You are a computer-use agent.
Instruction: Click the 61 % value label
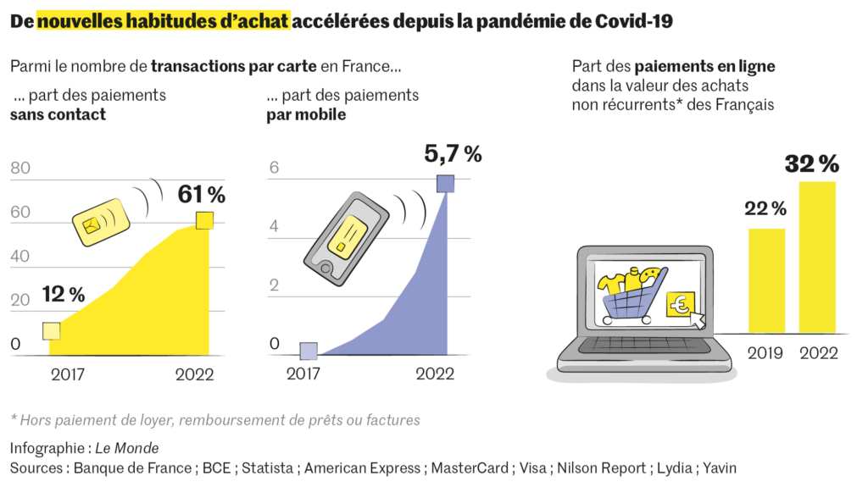tap(201, 195)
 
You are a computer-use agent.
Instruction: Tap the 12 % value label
tap(64, 294)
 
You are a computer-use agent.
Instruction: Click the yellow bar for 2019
tap(766, 280)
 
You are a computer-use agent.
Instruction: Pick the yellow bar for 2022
tap(817, 257)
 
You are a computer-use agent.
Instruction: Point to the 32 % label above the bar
tap(811, 163)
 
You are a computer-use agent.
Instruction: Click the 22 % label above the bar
tap(765, 208)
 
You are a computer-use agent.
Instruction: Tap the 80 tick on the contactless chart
tap(20, 169)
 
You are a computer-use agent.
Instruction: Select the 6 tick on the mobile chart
tap(274, 169)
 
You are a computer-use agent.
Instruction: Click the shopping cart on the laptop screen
tap(632, 293)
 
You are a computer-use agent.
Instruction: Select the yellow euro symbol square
tap(680, 304)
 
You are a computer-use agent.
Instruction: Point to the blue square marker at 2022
tap(445, 183)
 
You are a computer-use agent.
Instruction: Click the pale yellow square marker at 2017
tap(52, 330)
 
